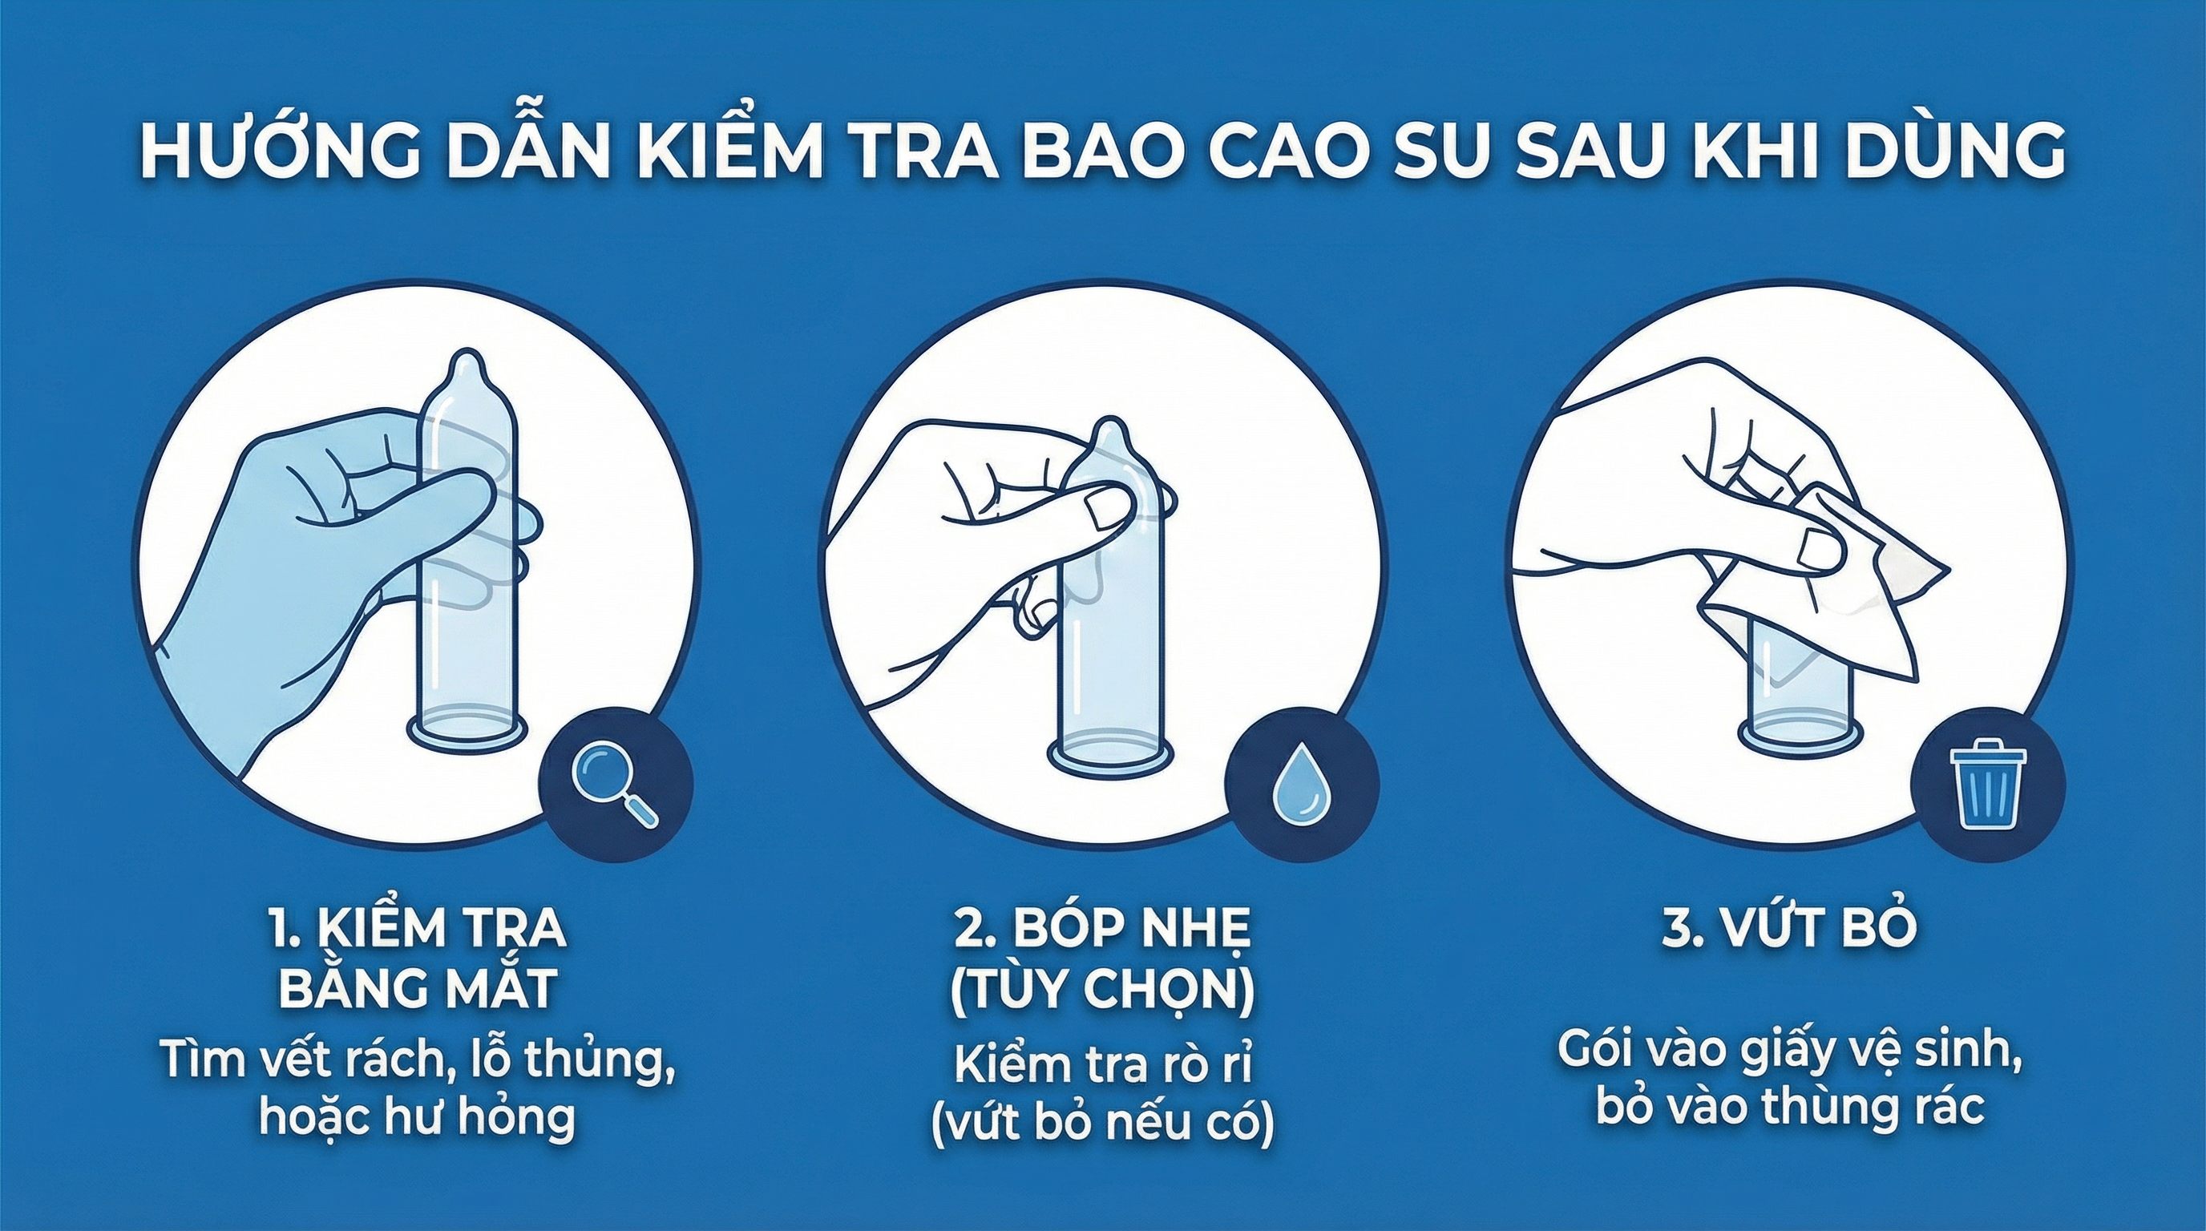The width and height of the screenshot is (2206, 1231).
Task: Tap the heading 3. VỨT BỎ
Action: click(x=1788, y=930)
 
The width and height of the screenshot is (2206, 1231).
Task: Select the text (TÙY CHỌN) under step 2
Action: click(x=1102, y=989)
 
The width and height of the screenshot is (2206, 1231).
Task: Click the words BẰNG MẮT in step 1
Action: click(x=417, y=989)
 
